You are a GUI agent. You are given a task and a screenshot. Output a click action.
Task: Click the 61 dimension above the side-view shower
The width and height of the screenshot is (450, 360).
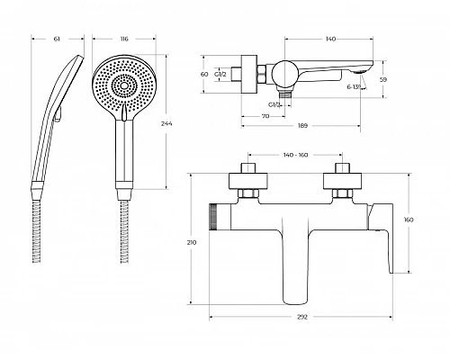(57, 39)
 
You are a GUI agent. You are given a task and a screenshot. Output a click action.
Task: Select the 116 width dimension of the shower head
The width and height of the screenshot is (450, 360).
(124, 39)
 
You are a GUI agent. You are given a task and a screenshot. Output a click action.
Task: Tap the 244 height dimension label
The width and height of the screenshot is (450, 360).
(166, 123)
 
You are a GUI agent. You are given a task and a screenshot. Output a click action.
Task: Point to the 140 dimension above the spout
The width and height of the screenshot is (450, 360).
(330, 39)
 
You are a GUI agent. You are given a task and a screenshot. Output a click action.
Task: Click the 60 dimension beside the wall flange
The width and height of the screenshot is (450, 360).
(204, 74)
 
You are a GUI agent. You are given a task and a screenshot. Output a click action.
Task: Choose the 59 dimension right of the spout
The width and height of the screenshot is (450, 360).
(383, 79)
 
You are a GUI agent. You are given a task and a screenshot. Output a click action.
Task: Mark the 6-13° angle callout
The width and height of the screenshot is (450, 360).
(354, 87)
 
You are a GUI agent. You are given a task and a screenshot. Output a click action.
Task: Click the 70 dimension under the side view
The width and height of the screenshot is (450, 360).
(265, 116)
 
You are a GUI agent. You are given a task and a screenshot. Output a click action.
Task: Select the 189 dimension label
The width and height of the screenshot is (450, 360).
(303, 126)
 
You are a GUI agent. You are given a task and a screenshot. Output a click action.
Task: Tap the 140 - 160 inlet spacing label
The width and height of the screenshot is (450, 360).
(295, 155)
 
